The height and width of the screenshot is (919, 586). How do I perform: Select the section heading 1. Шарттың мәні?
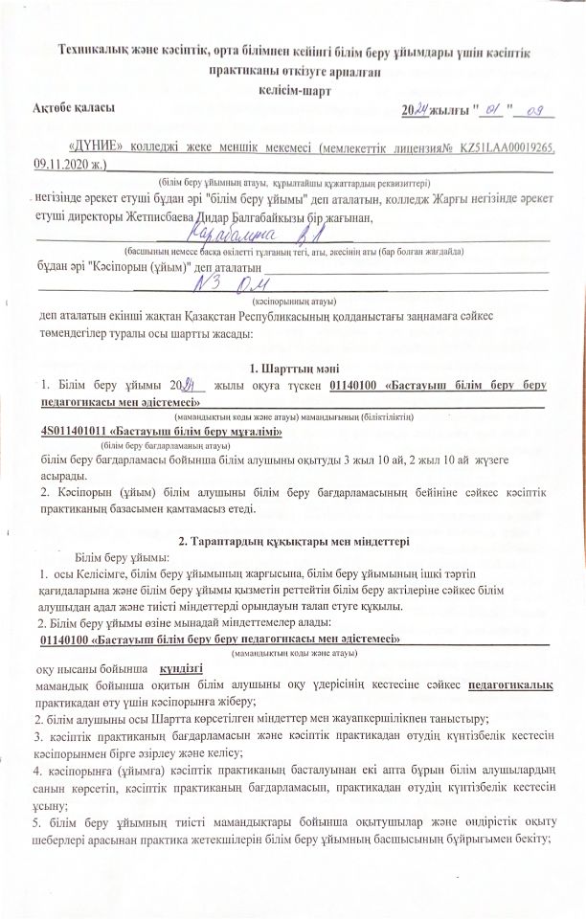point(293,368)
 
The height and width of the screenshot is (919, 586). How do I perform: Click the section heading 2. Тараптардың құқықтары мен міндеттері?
point(293,540)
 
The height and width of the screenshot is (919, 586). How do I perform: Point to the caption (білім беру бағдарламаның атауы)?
point(165,446)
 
